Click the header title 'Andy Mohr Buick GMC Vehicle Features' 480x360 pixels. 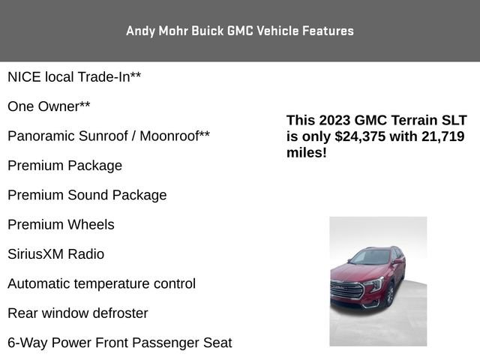point(240,31)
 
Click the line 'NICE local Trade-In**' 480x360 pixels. point(74,77)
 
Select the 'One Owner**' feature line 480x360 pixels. point(49,106)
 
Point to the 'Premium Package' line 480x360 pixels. point(64,166)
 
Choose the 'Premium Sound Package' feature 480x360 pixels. point(87,195)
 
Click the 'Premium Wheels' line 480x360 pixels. point(61,224)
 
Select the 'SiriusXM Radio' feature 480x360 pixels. point(55,254)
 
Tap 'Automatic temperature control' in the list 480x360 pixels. point(101,283)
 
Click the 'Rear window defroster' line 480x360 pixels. point(78,313)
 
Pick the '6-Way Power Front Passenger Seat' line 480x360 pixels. point(120,343)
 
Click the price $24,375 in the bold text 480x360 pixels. point(363,136)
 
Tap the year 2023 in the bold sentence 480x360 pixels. point(334,121)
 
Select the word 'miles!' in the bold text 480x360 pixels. point(306,152)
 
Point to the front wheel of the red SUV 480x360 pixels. point(389,295)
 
